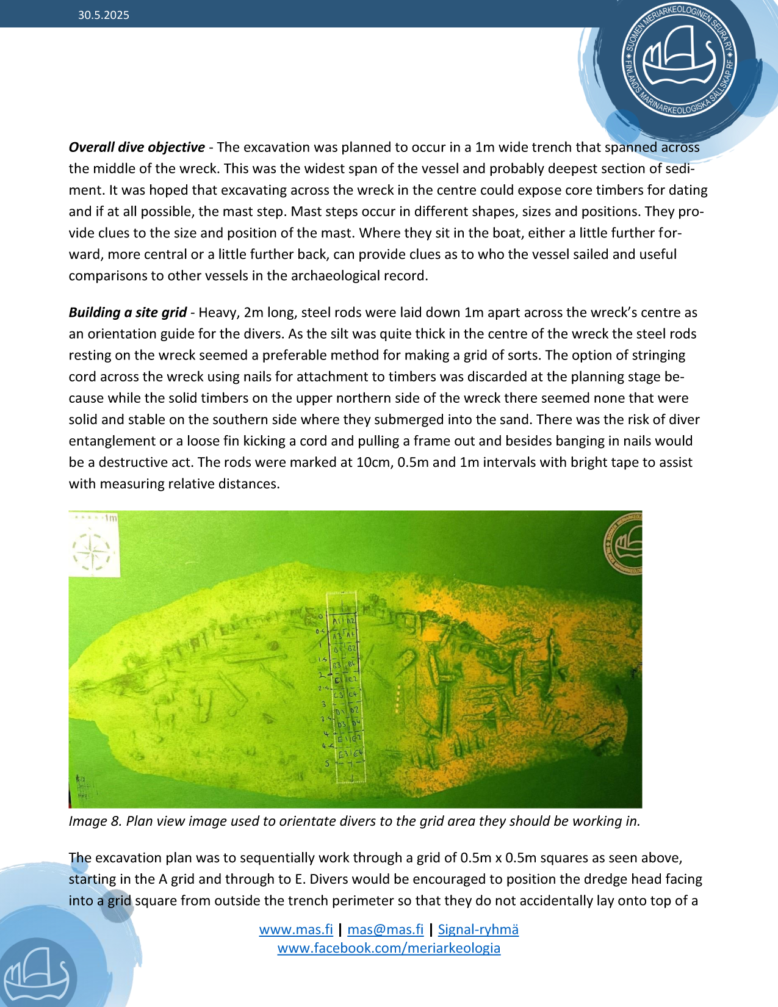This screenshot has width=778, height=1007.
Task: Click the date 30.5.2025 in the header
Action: point(103,15)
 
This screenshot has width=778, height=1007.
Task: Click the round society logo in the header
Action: point(679,61)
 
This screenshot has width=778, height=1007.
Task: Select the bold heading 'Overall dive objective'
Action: point(137,148)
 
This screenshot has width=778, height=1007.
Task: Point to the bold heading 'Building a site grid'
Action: point(128,312)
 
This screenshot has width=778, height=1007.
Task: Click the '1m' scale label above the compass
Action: point(110,518)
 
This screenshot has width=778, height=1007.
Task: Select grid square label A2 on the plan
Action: point(350,621)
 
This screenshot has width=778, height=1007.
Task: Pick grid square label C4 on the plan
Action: point(353,695)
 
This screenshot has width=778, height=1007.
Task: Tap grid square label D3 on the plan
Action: point(340,725)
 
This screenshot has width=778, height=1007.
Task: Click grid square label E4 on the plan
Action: point(356,753)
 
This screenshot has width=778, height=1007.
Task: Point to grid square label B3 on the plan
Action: point(336,665)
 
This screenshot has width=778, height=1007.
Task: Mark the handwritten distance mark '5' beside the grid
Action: point(327,763)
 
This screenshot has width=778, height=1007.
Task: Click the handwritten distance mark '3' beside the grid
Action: point(323,705)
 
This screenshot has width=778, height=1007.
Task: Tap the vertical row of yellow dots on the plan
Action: point(398,699)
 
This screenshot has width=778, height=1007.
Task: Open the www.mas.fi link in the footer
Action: point(296,929)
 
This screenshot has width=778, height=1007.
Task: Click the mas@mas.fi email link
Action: point(385,929)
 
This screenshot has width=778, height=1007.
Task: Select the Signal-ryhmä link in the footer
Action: point(478,929)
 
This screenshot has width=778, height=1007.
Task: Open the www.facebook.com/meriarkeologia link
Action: point(389,948)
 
